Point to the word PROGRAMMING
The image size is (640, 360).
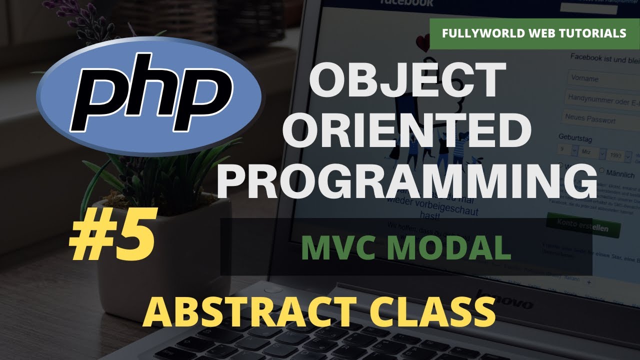tap(406, 180)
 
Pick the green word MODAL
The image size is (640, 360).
tap(450, 248)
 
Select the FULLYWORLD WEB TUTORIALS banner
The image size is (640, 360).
tap(534, 34)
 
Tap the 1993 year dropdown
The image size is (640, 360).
tap(617, 155)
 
